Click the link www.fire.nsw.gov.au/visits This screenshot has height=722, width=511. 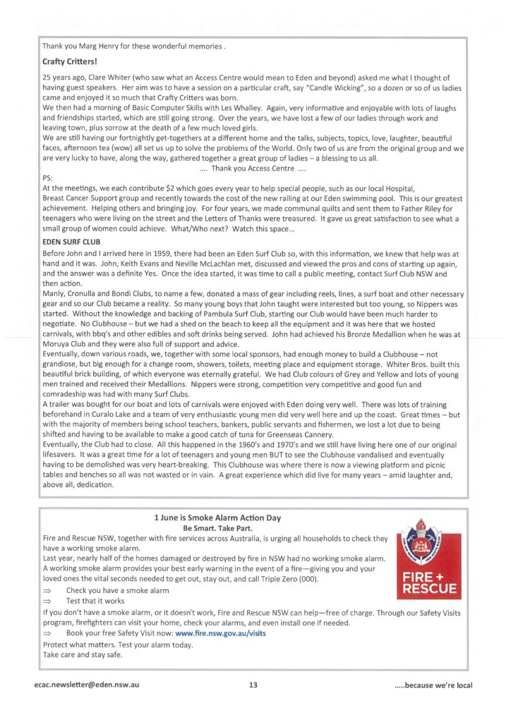click(220, 634)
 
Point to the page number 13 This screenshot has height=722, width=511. click(253, 685)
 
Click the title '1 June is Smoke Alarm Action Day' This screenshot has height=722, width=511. click(217, 518)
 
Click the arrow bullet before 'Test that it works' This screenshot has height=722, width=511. click(48, 601)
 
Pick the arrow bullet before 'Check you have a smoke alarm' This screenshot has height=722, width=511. click(48, 590)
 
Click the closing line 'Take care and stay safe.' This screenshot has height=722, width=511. click(83, 654)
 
